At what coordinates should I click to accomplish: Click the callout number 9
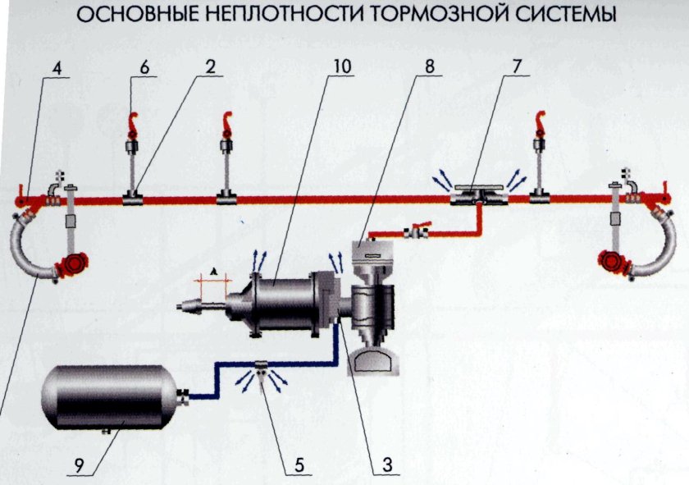[80, 464]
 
